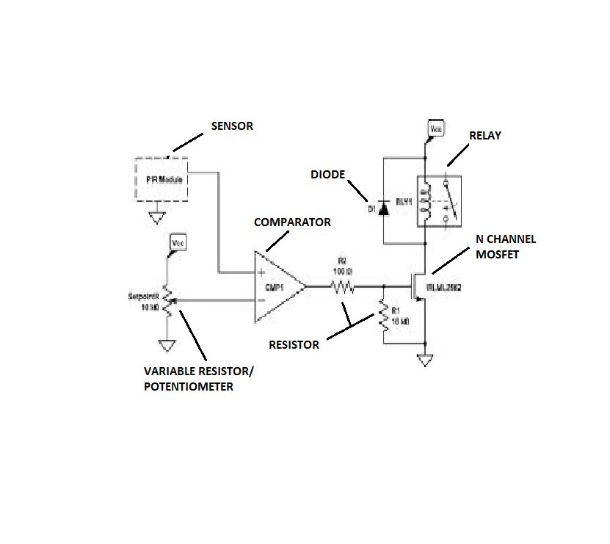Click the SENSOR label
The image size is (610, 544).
pos(232,126)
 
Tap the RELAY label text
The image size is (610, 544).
pos(485,136)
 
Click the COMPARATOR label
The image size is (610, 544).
pos(292,222)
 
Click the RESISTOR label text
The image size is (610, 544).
pos(294,344)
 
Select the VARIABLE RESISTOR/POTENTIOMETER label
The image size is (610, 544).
pos(199,378)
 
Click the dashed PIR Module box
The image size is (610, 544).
pos(161,178)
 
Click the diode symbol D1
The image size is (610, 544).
pos(383,209)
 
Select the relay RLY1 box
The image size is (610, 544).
pos(439,201)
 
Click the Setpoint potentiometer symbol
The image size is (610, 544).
pos(167,300)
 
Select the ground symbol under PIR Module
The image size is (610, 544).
pos(156,217)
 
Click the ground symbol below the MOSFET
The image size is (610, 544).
pos(424,360)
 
